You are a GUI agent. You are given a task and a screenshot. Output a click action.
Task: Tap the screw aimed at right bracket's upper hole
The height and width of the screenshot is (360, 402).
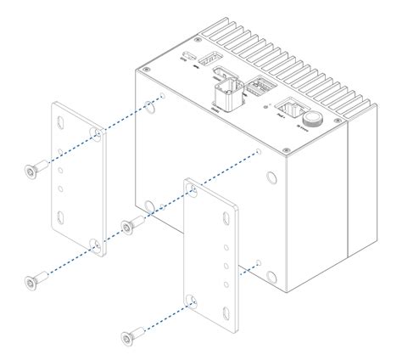[x=129, y=225]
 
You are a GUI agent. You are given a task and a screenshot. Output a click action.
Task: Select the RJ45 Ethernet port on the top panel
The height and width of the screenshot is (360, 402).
[x=290, y=108]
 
